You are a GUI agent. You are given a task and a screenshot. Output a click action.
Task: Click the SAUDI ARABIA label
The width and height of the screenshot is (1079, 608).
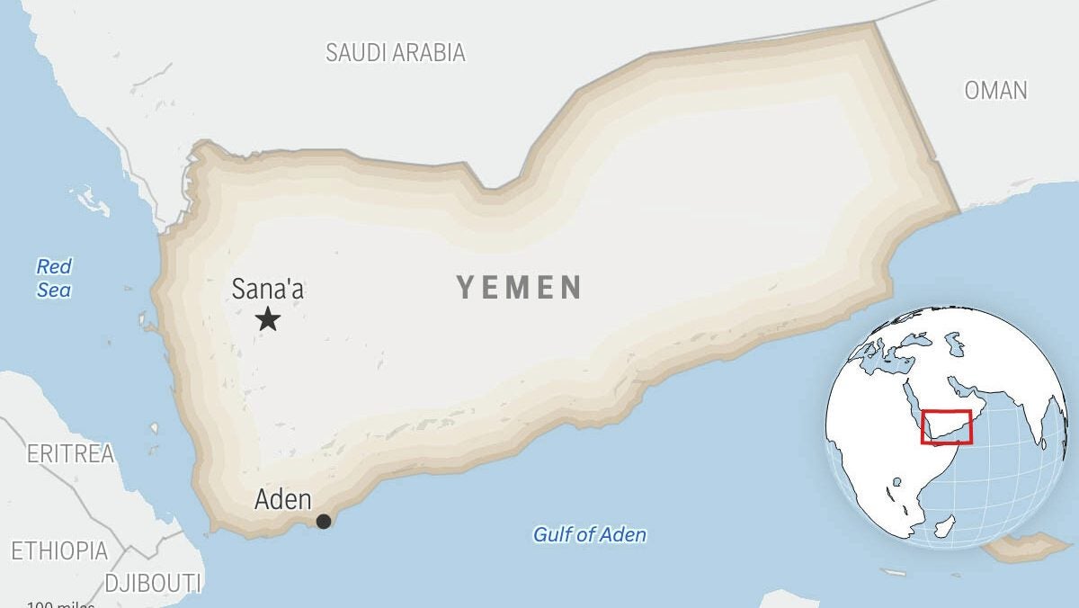pyautogui.click(x=396, y=52)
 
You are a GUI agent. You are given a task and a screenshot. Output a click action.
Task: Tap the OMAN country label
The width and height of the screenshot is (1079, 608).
pyautogui.click(x=995, y=90)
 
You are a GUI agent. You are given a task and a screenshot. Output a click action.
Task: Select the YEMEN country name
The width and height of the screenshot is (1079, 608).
pyautogui.click(x=519, y=287)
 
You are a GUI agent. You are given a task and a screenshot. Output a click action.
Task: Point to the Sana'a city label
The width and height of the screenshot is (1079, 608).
pyautogui.click(x=267, y=290)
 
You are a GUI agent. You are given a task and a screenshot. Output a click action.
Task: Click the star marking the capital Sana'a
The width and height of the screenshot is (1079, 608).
pyautogui.click(x=267, y=318)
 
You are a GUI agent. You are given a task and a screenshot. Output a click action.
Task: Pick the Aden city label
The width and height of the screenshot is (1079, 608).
pyautogui.click(x=283, y=499)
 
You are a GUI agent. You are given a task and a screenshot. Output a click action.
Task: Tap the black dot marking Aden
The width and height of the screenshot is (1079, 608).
pyautogui.click(x=324, y=521)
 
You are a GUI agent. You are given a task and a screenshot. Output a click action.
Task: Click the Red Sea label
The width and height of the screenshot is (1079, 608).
pyautogui.click(x=54, y=278)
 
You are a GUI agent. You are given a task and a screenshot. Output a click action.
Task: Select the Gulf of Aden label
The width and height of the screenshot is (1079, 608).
pyautogui.click(x=589, y=534)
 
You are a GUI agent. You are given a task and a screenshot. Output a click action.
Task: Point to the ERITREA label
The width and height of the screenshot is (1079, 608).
pyautogui.click(x=70, y=454)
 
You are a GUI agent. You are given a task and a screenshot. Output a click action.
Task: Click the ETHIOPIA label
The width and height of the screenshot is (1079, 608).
pyautogui.click(x=59, y=550)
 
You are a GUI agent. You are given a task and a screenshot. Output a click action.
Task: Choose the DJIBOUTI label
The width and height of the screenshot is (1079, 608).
pyautogui.click(x=153, y=583)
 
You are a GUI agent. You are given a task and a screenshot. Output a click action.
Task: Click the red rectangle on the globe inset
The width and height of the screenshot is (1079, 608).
pyautogui.click(x=946, y=426)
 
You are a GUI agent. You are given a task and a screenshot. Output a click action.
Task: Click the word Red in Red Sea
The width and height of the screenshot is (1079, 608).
pyautogui.click(x=54, y=266)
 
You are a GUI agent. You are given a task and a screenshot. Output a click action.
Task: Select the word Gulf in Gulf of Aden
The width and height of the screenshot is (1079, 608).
pyautogui.click(x=552, y=534)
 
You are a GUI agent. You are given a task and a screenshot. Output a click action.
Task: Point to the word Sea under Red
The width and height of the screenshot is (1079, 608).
pyautogui.click(x=54, y=290)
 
